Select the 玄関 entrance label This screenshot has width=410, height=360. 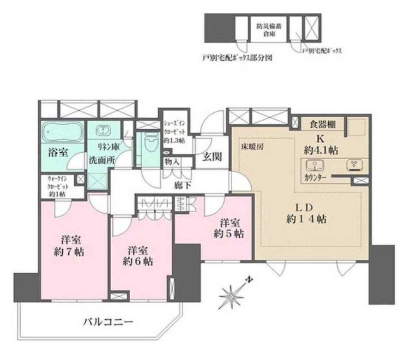click(211, 157)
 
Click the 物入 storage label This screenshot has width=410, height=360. click(172, 162)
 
